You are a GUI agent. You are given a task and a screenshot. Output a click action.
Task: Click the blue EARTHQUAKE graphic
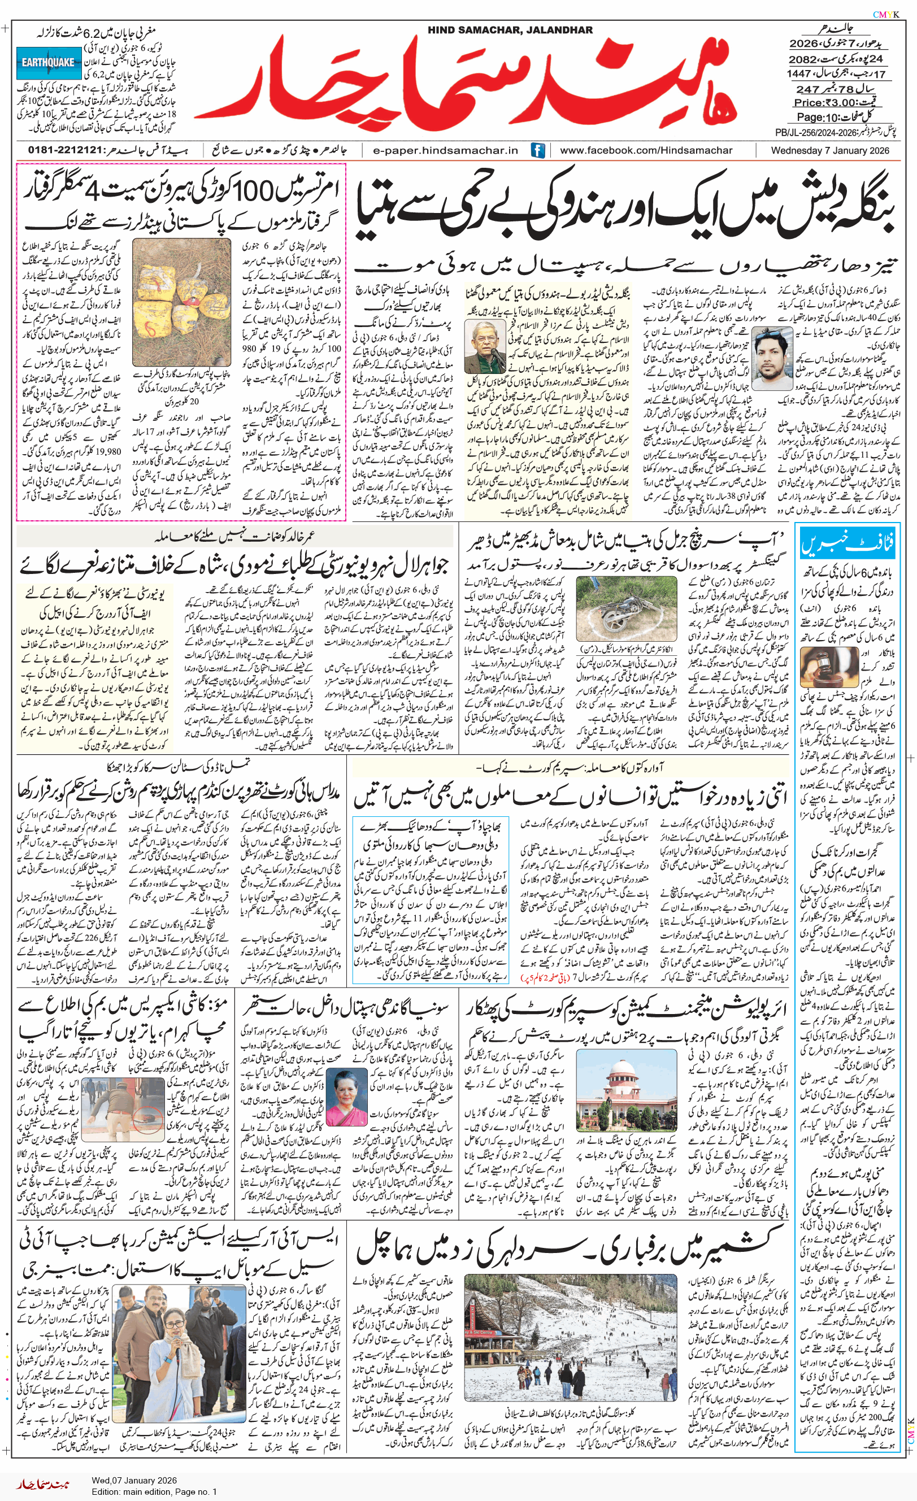point(48,63)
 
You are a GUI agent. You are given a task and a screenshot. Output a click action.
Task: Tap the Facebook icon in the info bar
point(537,150)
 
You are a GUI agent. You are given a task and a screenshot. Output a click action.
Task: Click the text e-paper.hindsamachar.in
point(445,150)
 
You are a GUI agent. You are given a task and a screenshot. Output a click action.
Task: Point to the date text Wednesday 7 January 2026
point(830,150)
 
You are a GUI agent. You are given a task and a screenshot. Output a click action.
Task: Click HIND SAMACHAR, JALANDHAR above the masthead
point(510,30)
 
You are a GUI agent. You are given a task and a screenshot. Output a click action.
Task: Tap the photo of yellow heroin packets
point(181,302)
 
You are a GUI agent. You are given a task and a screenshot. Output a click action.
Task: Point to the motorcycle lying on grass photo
point(627,610)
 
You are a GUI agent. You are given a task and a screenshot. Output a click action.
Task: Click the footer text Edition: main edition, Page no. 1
point(154,1491)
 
